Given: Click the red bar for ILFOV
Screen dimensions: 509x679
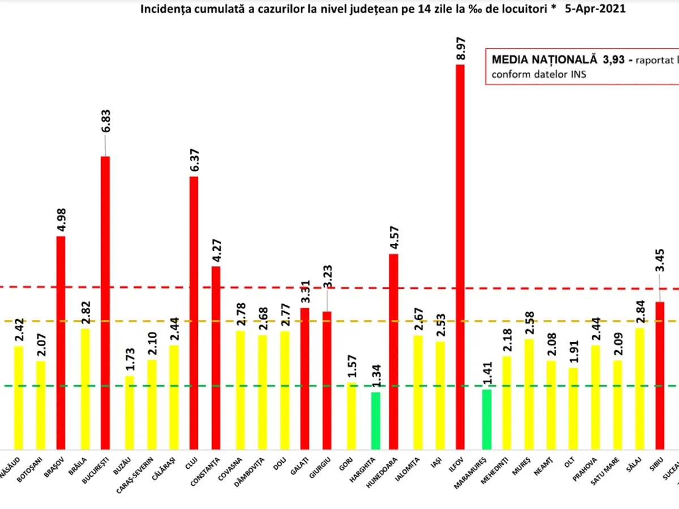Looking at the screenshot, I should pos(460,257).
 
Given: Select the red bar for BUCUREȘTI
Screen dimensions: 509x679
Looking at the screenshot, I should pos(105,303).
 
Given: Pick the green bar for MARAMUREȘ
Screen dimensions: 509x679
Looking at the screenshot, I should pos(487,419).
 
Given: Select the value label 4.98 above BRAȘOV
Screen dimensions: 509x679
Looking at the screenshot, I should pos(61,217).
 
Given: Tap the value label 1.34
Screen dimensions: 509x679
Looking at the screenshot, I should pos(375,376).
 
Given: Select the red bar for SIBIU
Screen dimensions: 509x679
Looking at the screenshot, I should pos(660,376).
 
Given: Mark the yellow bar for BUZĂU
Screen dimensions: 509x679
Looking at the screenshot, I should pos(130,412).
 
